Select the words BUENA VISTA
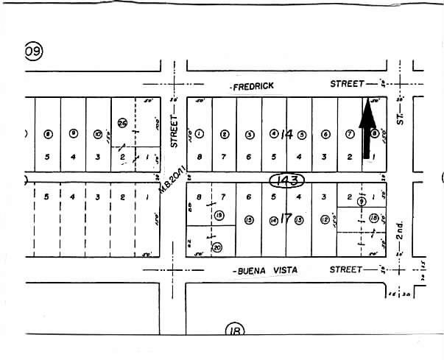tap(267, 271)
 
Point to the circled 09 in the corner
tap(34, 51)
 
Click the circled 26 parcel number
tap(122, 123)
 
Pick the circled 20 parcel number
tap(216, 248)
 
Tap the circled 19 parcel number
tap(219, 215)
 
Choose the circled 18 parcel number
tap(374, 218)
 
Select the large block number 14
tap(286, 134)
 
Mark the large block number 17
tap(286, 219)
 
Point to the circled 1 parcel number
tap(200, 134)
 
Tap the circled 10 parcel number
tap(98, 134)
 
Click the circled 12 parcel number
tap(324, 219)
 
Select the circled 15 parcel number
tap(249, 219)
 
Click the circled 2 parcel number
tap(225, 134)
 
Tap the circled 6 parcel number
tap(325, 134)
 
